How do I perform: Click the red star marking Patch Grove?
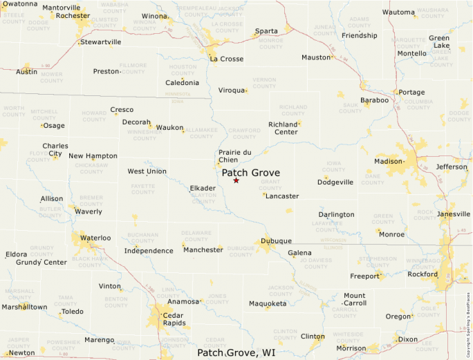click(x=236, y=180)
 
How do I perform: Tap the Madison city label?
click(x=388, y=162)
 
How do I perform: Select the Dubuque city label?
click(x=275, y=241)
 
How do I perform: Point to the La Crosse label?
click(x=226, y=59)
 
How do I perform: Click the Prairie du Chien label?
click(x=234, y=156)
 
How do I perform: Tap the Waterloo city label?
click(x=95, y=238)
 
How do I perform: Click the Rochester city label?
click(x=73, y=15)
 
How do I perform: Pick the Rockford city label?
click(x=423, y=274)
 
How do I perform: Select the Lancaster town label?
click(x=282, y=196)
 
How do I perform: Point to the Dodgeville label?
click(x=335, y=182)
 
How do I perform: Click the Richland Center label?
click(x=283, y=128)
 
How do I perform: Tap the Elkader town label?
click(x=203, y=188)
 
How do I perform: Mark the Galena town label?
click(x=299, y=253)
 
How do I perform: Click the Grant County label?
click(x=270, y=184)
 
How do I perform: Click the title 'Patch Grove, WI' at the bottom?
click(x=236, y=353)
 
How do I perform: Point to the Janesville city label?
click(x=454, y=214)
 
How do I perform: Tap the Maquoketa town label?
click(x=268, y=303)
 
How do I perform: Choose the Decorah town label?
click(x=136, y=122)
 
